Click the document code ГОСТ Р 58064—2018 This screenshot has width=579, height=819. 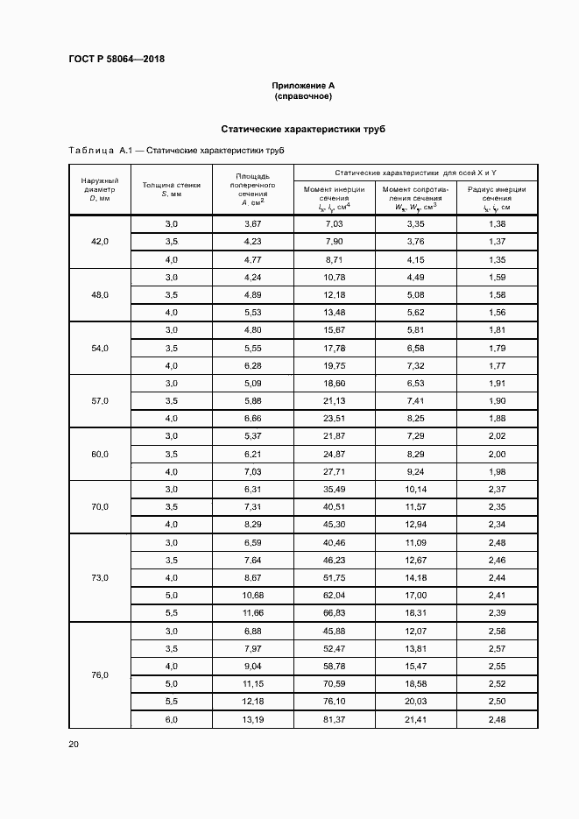pyautogui.click(x=117, y=60)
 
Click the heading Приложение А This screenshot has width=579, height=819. pyautogui.click(x=303, y=86)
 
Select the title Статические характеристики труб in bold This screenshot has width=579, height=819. pyautogui.click(x=303, y=129)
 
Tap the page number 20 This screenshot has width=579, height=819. pyautogui.click(x=74, y=744)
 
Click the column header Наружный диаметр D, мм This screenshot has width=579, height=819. pyautogui.click(x=99, y=189)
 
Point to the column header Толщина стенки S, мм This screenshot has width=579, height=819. pyautogui.click(x=171, y=189)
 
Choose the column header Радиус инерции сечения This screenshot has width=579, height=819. pyautogui.click(x=497, y=198)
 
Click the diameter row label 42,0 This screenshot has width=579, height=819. pyautogui.click(x=99, y=242)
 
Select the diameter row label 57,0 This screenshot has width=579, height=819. pyautogui.click(x=99, y=400)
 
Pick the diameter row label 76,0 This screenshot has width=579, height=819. pyautogui.click(x=99, y=674)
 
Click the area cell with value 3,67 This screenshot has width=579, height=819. pyautogui.click(x=253, y=224)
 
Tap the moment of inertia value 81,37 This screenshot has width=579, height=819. pyautogui.click(x=335, y=719)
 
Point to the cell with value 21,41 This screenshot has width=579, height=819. pyautogui.click(x=415, y=719)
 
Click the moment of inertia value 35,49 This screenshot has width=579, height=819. pyautogui.click(x=335, y=489)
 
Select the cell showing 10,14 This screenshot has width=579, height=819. pyautogui.click(x=415, y=489)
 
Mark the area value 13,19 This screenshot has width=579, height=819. pyautogui.click(x=253, y=719)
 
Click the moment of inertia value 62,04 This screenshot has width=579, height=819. pyautogui.click(x=335, y=596)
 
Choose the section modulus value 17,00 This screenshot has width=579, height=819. pyautogui.click(x=415, y=596)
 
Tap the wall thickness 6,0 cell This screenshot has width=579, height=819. pyautogui.click(x=171, y=719)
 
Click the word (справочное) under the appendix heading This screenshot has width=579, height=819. pyautogui.click(x=303, y=95)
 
